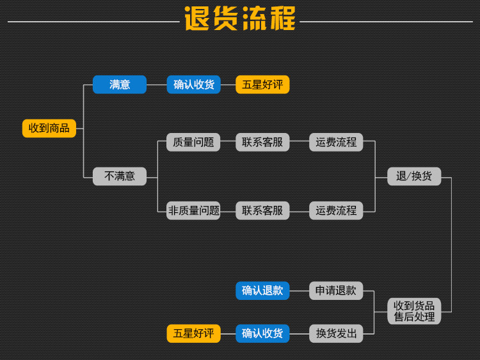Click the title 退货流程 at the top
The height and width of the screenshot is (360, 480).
pos(240,19)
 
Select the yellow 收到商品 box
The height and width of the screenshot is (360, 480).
pos(49,128)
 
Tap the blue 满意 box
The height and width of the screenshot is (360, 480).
pos(120,84)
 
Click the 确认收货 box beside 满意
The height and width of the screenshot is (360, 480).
pos(194,84)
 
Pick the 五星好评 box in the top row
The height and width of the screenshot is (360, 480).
pos(262,84)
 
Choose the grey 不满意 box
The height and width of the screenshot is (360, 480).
pos(120,176)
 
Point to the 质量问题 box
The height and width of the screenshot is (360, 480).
pos(193,142)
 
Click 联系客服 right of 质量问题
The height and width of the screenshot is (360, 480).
pos(262,142)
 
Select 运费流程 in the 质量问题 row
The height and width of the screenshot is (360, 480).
pos(336,142)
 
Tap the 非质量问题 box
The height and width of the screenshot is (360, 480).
pos(193,210)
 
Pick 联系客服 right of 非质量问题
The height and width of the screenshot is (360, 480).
pos(262,210)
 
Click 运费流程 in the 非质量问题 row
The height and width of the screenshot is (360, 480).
pos(336,210)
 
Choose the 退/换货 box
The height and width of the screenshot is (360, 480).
pos(414,176)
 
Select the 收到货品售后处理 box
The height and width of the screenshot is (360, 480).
pos(414,311)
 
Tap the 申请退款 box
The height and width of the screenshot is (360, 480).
pos(336,290)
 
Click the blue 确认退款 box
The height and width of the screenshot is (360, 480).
pos(262,290)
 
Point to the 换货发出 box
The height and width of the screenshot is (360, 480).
pos(336,333)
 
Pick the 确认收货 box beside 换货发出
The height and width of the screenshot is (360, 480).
pos(262,333)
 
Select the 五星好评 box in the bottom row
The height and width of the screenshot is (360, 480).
pos(193,333)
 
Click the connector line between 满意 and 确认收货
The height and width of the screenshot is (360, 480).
pos(157,84)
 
